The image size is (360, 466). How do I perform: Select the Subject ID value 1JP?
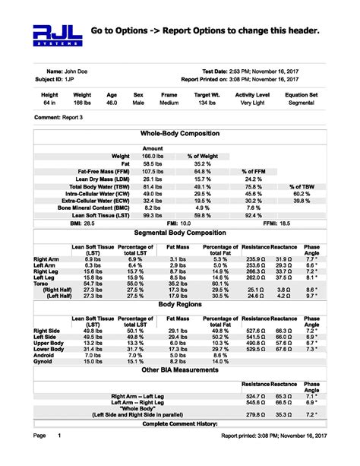click(69, 78)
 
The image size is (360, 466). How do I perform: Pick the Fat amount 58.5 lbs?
click(153, 163)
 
